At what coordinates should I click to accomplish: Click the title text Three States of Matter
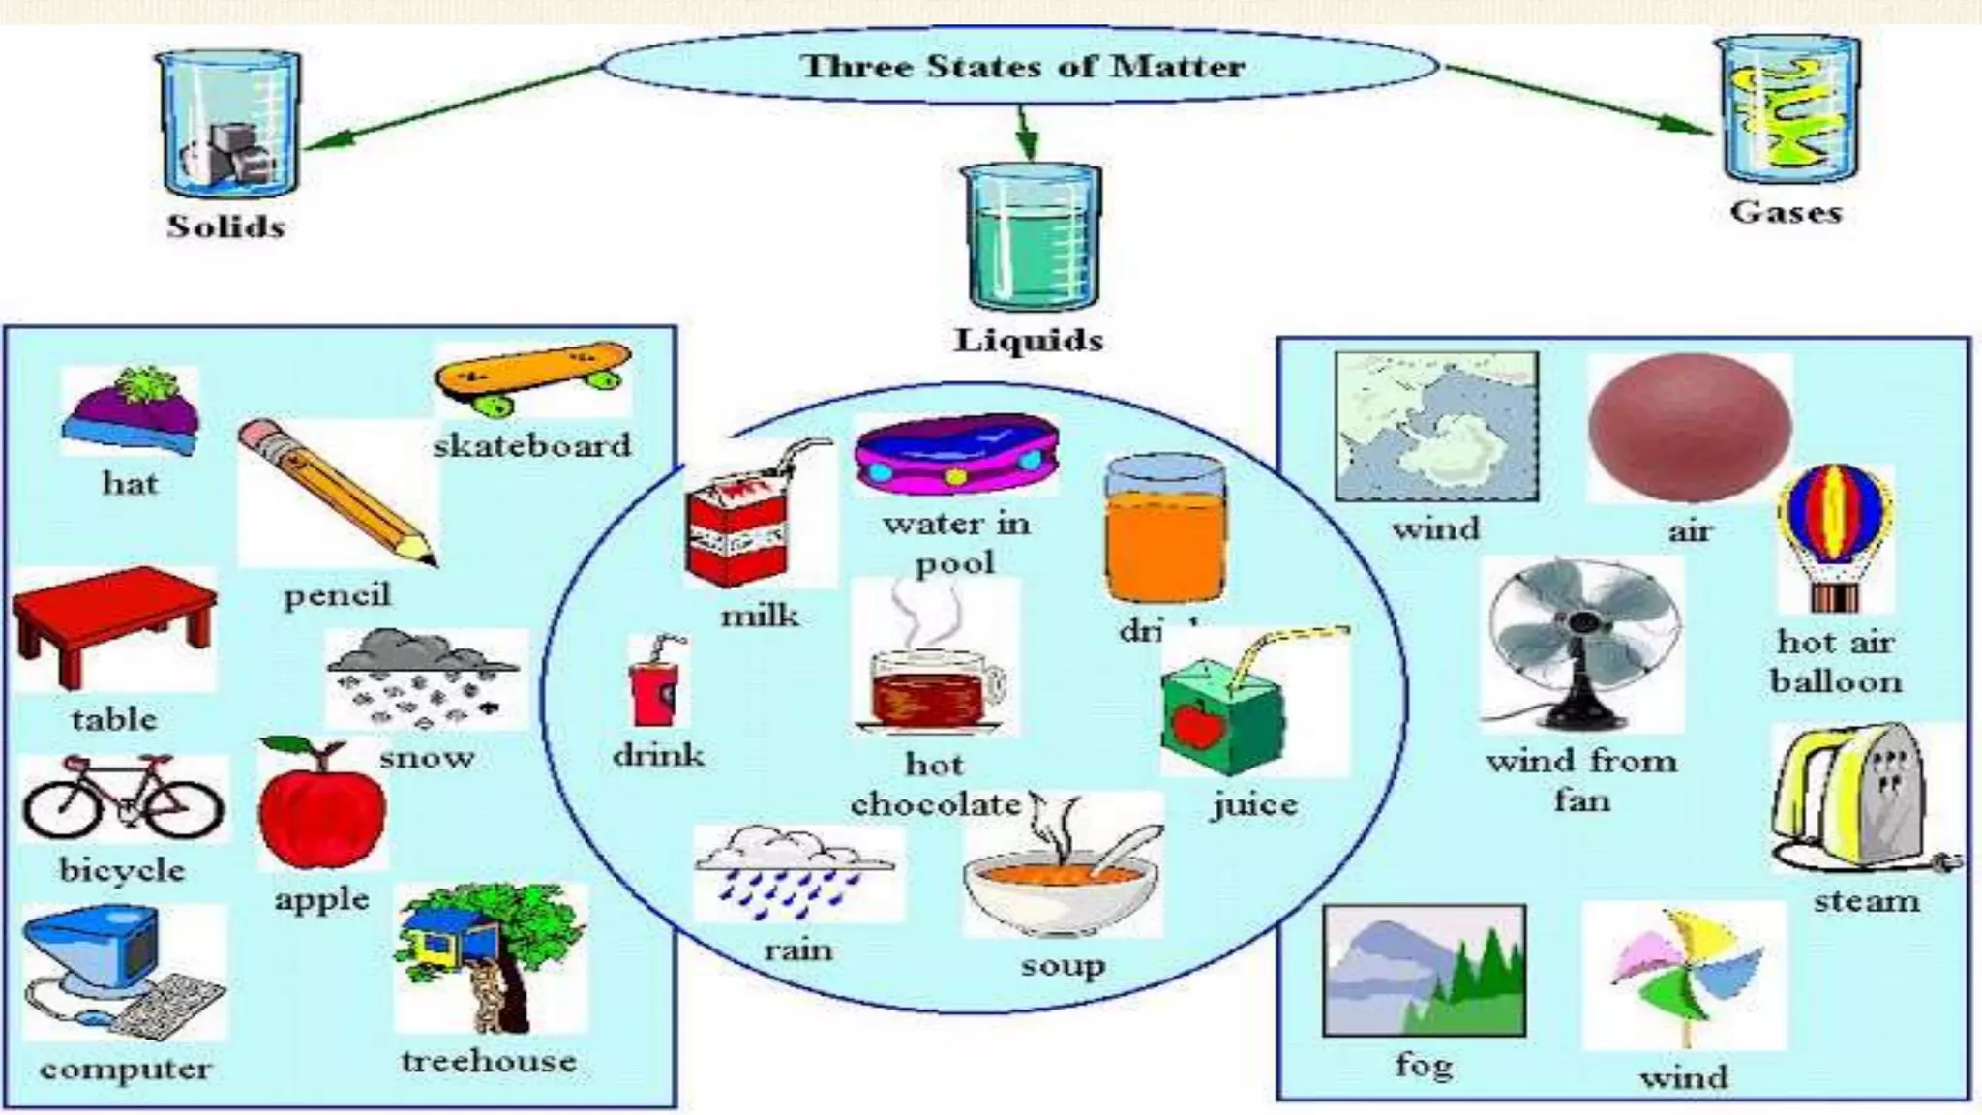1022,67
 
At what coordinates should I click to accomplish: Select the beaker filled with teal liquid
1030,234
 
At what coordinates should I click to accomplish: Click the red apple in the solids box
321,805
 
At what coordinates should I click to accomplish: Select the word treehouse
490,1061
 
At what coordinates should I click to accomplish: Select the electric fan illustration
1581,644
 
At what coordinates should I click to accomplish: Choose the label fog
1424,1066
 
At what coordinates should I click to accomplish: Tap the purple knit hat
132,411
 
